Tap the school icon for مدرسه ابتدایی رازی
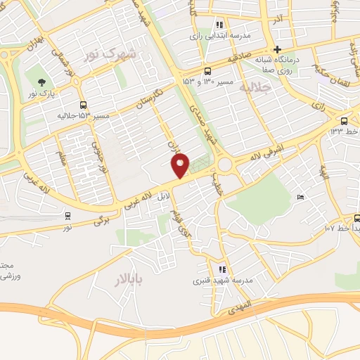point(220,24)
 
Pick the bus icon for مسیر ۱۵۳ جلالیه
point(83,104)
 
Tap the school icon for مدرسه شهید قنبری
point(223,269)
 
